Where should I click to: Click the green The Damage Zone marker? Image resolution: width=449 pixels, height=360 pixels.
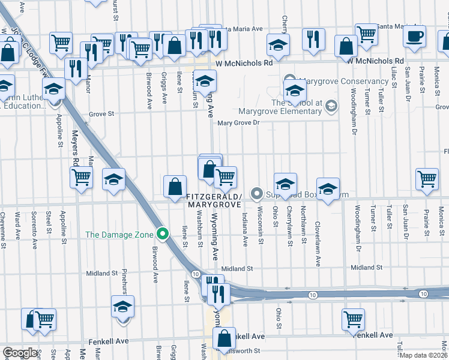click(x=161, y=234)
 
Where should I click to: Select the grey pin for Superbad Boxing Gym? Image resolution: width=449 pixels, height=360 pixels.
click(x=257, y=193)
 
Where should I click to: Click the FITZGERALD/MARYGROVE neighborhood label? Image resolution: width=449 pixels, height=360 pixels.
click(x=214, y=200)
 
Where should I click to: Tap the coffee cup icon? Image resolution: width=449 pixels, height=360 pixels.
click(x=414, y=36)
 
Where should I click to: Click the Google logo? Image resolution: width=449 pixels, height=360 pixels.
click(x=20, y=353)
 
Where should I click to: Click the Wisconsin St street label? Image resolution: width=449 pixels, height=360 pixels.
click(x=261, y=226)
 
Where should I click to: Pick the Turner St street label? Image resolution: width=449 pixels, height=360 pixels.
click(x=373, y=220)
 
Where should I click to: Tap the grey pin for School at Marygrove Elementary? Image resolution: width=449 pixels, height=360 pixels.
click(x=330, y=107)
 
